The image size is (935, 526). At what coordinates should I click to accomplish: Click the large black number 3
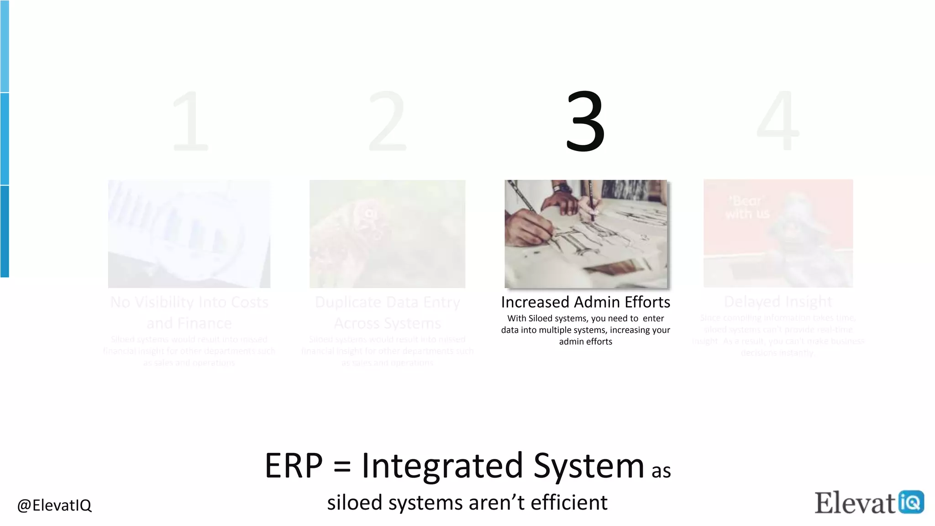point(585,121)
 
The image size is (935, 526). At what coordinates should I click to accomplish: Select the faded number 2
point(387,121)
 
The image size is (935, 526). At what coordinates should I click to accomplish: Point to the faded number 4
point(778,121)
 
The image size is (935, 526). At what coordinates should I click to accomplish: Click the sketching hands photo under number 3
point(586,234)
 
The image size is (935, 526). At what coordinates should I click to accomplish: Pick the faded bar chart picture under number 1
point(189,234)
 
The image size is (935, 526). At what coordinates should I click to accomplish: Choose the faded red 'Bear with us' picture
point(778,233)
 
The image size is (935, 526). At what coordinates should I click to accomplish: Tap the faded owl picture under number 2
point(387,234)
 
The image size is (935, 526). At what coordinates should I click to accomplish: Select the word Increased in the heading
point(535,302)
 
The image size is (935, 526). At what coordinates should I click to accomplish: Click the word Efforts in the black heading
point(647,302)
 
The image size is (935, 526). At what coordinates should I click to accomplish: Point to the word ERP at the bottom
point(294,466)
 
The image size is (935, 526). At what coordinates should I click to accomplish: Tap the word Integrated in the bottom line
point(442,466)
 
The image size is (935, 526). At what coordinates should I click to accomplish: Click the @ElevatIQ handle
point(54,505)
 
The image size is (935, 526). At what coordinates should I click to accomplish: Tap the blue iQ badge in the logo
point(911,502)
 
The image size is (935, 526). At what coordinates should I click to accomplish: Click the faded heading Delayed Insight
point(778,302)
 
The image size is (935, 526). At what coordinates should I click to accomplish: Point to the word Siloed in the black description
point(540,318)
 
